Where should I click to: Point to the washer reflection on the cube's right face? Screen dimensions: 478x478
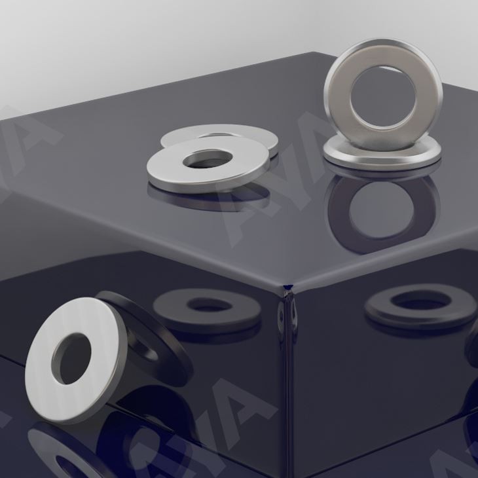point(383,308)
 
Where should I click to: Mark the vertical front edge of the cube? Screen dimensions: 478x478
point(288,393)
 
